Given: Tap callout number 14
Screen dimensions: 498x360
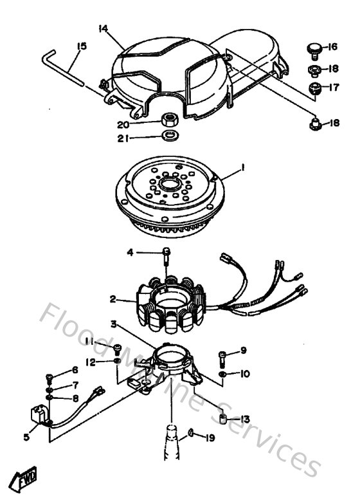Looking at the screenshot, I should pyautogui.click(x=104, y=28).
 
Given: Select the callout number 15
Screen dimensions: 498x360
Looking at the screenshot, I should pyautogui.click(x=81, y=46).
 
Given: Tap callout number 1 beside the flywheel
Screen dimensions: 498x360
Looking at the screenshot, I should pyautogui.click(x=243, y=168).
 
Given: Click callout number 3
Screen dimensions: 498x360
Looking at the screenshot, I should pyautogui.click(x=113, y=324).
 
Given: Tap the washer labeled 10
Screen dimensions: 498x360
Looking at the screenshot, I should pyautogui.click(x=222, y=373).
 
